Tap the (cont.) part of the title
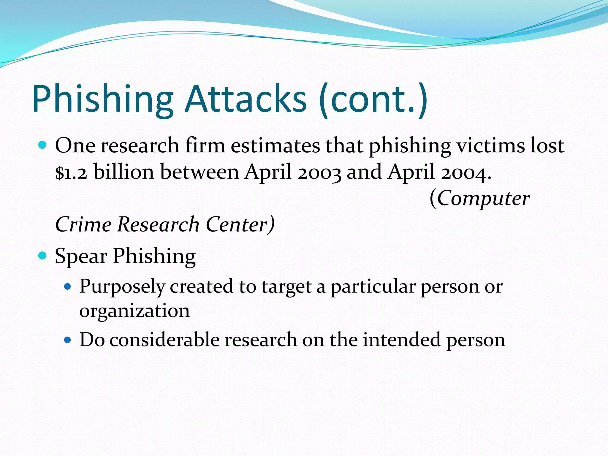[373, 99]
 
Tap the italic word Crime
[83, 224]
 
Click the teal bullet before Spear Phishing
[43, 255]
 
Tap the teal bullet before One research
[43, 145]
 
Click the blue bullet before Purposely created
[68, 286]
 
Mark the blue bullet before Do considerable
[68, 340]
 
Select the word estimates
[275, 146]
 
